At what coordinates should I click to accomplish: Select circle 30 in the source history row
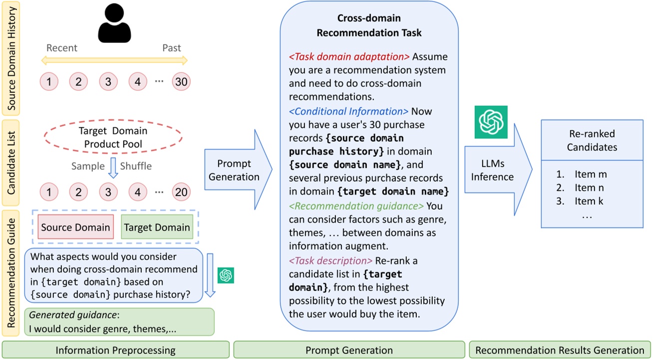181,81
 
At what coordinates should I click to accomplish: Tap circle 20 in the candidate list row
181,191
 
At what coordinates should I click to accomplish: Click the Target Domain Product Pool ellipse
113,137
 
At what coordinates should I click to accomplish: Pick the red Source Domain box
75,228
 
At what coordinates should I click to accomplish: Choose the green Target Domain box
157,228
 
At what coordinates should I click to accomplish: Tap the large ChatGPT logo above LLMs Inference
491,122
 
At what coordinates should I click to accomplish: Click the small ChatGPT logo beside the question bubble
226,275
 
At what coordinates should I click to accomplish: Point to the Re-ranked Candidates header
593,140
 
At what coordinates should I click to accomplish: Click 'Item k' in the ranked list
592,201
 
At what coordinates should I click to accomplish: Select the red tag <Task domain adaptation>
349,56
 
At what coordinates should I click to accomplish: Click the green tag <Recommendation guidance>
356,206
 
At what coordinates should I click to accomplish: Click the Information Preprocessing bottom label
116,351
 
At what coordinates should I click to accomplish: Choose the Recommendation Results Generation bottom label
560,351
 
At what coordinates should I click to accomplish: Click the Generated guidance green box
119,322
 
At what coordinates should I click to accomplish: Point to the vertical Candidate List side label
10,163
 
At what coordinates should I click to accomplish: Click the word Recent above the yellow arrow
62,48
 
